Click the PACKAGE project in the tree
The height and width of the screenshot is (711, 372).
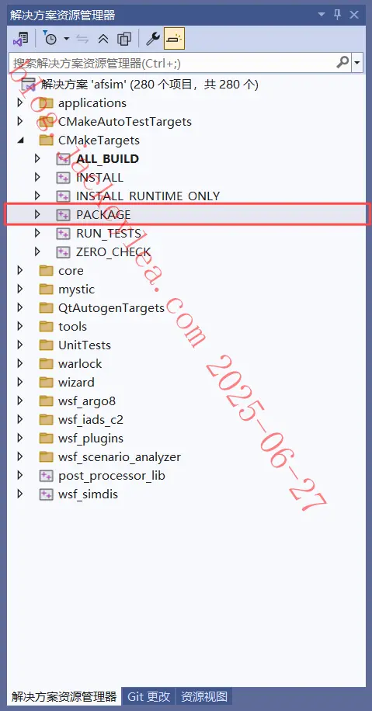tap(103, 214)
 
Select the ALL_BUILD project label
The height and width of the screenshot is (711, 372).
tap(107, 158)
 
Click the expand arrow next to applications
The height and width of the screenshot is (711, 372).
tap(19, 103)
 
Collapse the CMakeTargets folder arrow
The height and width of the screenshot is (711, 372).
tap(20, 140)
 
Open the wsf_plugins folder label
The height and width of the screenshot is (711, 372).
tap(91, 438)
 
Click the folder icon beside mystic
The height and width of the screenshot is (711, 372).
tap(47, 289)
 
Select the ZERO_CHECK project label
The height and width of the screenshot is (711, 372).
tap(113, 251)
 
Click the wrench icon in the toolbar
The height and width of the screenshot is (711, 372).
tap(153, 39)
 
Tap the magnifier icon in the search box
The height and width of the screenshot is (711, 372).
tap(343, 62)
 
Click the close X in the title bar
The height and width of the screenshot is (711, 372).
tap(354, 15)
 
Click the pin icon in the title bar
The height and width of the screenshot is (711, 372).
tap(338, 15)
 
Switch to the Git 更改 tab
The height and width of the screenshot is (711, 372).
tap(149, 696)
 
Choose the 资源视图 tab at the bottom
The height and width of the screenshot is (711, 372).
tap(204, 696)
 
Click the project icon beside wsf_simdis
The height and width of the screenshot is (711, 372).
tap(47, 494)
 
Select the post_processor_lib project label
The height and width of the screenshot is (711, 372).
tap(112, 476)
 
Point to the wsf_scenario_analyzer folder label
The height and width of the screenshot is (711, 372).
tap(120, 457)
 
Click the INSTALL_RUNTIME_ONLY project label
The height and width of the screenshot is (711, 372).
tap(148, 196)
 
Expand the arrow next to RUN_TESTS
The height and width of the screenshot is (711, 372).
tap(37, 233)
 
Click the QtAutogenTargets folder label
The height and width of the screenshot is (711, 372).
tap(111, 308)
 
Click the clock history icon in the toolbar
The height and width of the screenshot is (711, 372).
tap(50, 39)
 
